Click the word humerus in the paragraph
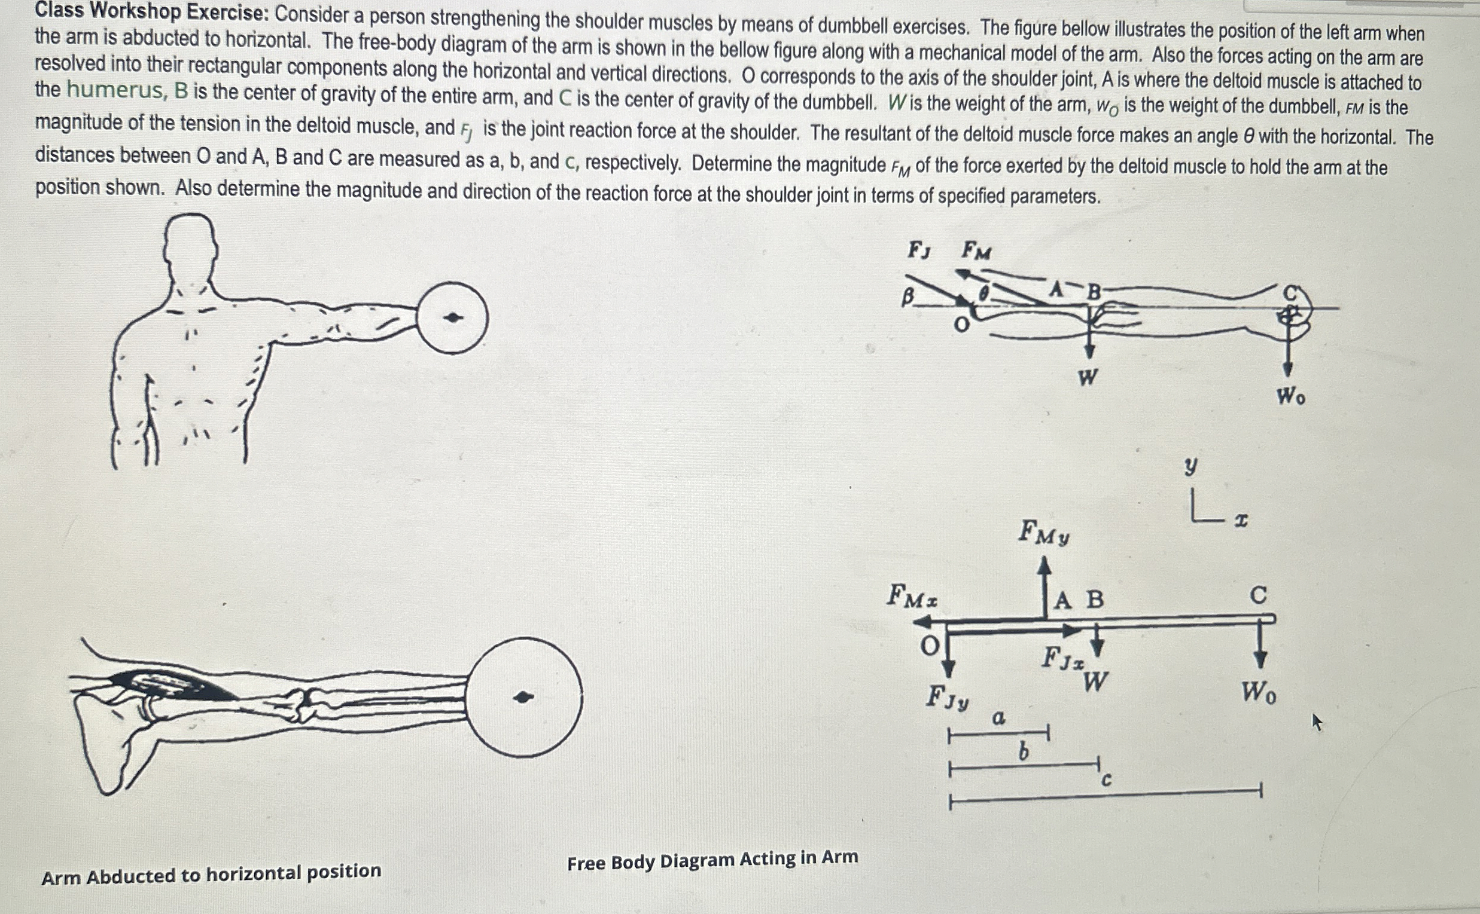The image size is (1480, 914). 115,90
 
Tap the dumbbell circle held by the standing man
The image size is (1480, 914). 452,317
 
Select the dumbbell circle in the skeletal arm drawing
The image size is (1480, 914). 524,697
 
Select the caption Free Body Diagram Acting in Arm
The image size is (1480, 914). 712,860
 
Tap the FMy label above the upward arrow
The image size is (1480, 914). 1044,533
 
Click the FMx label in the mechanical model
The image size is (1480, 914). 912,596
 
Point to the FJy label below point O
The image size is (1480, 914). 947,698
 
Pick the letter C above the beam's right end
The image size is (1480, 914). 1258,596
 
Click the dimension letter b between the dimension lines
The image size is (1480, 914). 1024,752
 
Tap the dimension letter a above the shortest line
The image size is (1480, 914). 998,718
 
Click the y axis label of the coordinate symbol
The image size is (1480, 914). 1190,467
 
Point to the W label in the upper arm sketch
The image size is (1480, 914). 1088,378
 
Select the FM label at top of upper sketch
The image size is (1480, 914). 976,250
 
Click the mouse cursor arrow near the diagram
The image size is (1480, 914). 1317,722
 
